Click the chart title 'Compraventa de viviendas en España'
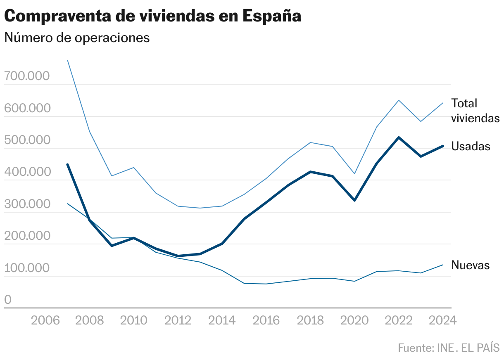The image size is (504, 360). (x=153, y=16)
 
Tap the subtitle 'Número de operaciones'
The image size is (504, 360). (x=76, y=38)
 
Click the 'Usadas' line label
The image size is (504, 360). (x=471, y=146)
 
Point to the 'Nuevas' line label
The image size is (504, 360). (x=470, y=265)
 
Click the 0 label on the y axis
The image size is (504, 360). (x=8, y=300)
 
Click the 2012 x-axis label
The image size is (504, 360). (x=178, y=320)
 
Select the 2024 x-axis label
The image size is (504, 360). (x=443, y=320)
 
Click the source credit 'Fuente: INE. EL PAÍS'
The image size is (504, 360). (x=449, y=348)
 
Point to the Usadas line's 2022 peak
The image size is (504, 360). (x=399, y=137)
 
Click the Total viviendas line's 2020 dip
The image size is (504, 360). (x=354, y=173)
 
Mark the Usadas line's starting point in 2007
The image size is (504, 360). (x=67, y=164)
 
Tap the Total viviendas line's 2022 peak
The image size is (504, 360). (x=399, y=100)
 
